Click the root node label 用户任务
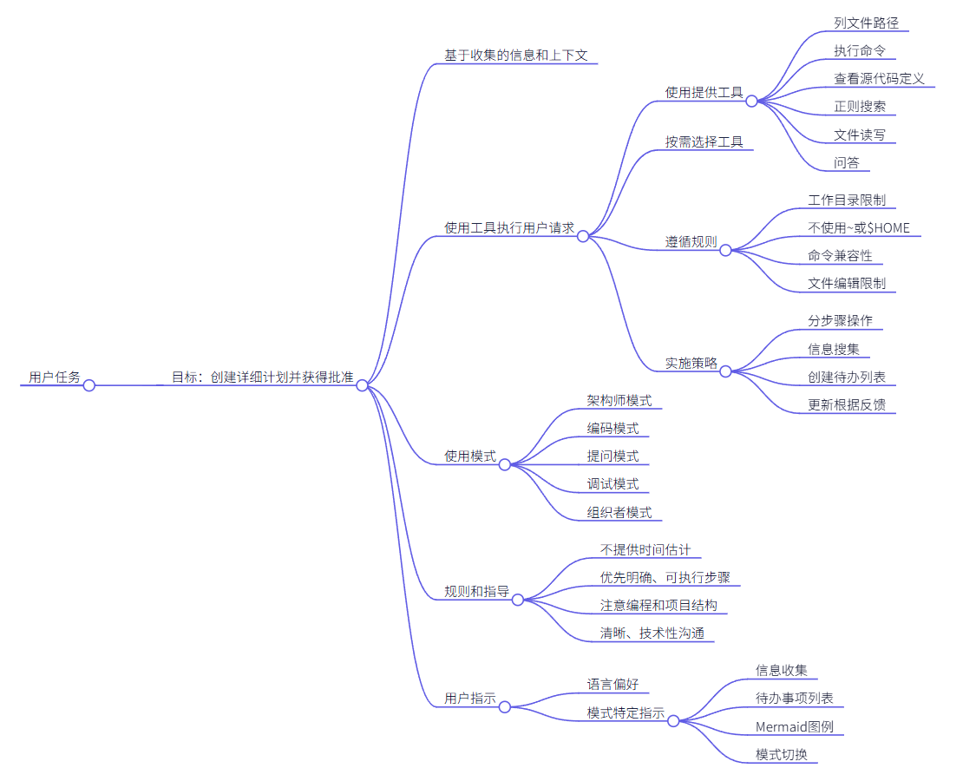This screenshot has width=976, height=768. click(54, 377)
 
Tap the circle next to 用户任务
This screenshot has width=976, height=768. click(88, 385)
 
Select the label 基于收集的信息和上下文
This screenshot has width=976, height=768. click(515, 55)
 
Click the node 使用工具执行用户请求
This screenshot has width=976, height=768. click(508, 227)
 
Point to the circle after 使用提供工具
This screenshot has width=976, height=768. click(751, 101)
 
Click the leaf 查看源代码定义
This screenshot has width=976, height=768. click(879, 78)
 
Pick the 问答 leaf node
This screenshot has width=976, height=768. click(847, 161)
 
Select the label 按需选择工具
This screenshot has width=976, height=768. click(704, 141)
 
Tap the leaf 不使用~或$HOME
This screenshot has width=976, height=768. click(859, 227)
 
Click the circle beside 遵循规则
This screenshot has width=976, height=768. click(725, 250)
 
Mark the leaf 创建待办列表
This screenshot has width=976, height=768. click(846, 377)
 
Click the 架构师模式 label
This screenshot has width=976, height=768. click(619, 400)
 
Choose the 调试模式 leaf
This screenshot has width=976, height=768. click(612, 483)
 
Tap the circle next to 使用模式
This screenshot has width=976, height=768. click(504, 464)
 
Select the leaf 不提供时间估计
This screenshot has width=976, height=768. click(645, 549)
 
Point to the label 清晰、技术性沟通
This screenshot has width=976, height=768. click(652, 633)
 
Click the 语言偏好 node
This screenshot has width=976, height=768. click(612, 684)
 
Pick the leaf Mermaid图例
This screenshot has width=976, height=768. click(794, 725)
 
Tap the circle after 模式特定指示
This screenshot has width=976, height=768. click(673, 720)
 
